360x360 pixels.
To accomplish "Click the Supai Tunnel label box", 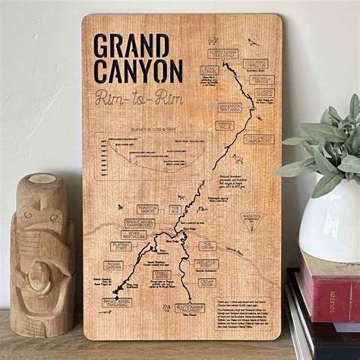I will click(209, 70).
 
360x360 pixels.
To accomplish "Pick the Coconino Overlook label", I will click(255, 65).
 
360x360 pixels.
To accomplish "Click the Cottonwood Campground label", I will click(259, 140).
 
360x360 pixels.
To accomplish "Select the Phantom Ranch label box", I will click(147, 209).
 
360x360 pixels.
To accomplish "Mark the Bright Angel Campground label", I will click(140, 223).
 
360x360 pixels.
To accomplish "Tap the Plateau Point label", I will click(122, 246).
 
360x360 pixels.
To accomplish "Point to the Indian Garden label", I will click(113, 266).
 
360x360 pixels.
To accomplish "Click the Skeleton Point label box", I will click(206, 264).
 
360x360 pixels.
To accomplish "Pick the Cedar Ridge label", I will click(207, 283).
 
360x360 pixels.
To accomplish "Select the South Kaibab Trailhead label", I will click(190, 308).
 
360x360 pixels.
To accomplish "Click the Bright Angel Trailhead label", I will click(116, 302).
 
